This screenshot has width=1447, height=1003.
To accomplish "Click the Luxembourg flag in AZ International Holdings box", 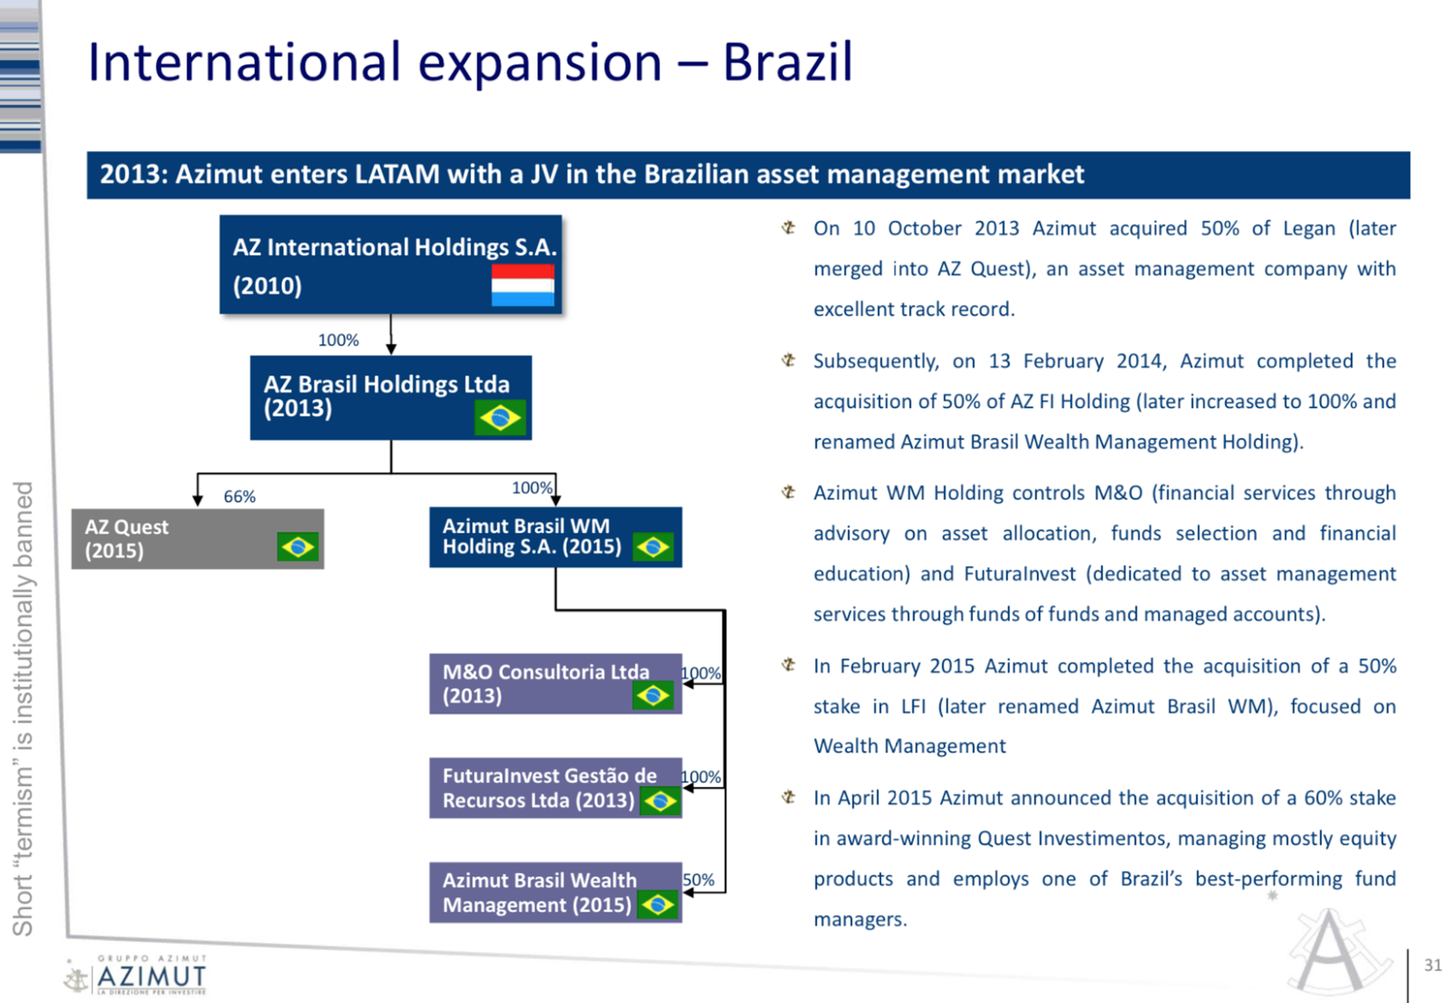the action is coord(523,285).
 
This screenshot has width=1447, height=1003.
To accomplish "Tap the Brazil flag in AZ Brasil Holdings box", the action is coord(500,418).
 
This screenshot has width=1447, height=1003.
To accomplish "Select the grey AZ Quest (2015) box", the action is coord(198,539).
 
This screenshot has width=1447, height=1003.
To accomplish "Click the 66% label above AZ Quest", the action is coord(239,496).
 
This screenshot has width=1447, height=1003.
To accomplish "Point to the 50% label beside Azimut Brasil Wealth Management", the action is coord(698,880).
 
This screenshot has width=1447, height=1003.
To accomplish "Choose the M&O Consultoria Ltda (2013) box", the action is coord(555,684).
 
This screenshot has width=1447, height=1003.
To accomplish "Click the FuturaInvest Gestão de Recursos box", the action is coord(555,788).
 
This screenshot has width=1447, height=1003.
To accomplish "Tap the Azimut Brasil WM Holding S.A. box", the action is coord(555,537).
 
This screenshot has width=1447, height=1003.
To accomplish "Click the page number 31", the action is coord(1433,965).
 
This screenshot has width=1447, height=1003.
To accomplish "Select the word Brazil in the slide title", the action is coord(788,62).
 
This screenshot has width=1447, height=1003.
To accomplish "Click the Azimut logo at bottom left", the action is coord(136,975).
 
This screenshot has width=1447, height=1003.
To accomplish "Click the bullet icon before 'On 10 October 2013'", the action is coord(788,227).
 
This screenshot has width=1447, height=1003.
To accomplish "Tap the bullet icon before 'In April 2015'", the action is coord(788,797).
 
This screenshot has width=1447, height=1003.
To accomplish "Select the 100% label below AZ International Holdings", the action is coord(338,340).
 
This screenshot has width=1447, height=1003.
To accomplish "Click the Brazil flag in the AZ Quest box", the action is coord(298,547).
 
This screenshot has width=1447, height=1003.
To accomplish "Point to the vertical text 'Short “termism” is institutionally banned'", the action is coord(23,708).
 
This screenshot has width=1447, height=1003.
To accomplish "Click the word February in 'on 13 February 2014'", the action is coord(1064,361).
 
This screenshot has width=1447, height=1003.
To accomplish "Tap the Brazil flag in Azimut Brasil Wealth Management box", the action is coord(657,904).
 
